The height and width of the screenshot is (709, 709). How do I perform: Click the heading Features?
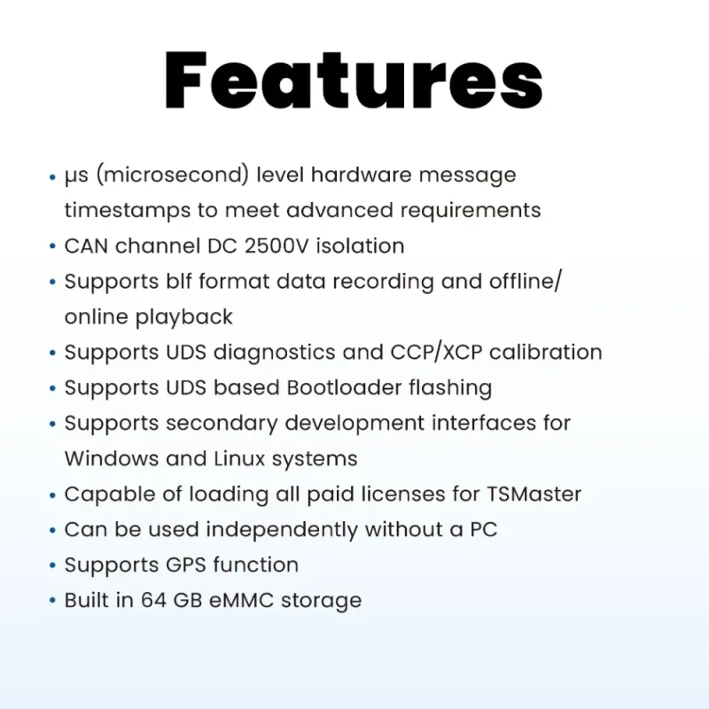click(x=354, y=81)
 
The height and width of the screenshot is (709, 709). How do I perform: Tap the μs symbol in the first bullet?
click(x=76, y=175)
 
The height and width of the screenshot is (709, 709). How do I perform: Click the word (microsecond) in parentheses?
click(x=173, y=175)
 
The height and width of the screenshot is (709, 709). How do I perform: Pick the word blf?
click(x=179, y=281)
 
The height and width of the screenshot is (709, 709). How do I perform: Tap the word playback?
click(x=184, y=317)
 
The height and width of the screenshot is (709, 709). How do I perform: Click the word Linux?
click(x=239, y=458)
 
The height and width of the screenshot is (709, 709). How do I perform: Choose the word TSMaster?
click(x=534, y=495)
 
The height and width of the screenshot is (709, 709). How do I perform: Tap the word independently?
click(x=282, y=530)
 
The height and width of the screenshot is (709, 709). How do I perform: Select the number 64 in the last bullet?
click(x=153, y=601)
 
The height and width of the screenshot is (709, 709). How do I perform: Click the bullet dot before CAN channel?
click(x=52, y=246)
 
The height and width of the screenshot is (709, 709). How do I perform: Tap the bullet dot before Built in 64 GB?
click(x=52, y=601)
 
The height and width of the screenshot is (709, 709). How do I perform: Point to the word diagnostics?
click(x=275, y=353)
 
